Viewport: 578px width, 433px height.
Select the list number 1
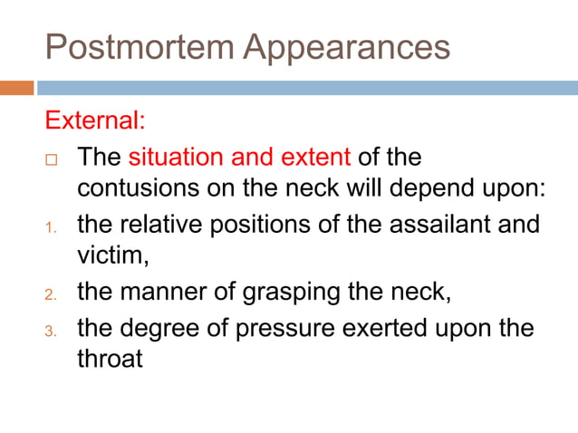51,226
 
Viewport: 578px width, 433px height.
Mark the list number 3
51,328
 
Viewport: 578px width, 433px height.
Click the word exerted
380,326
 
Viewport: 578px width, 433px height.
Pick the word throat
110,359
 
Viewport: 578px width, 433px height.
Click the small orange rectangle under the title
17,88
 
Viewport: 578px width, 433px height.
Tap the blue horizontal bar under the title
307,88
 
